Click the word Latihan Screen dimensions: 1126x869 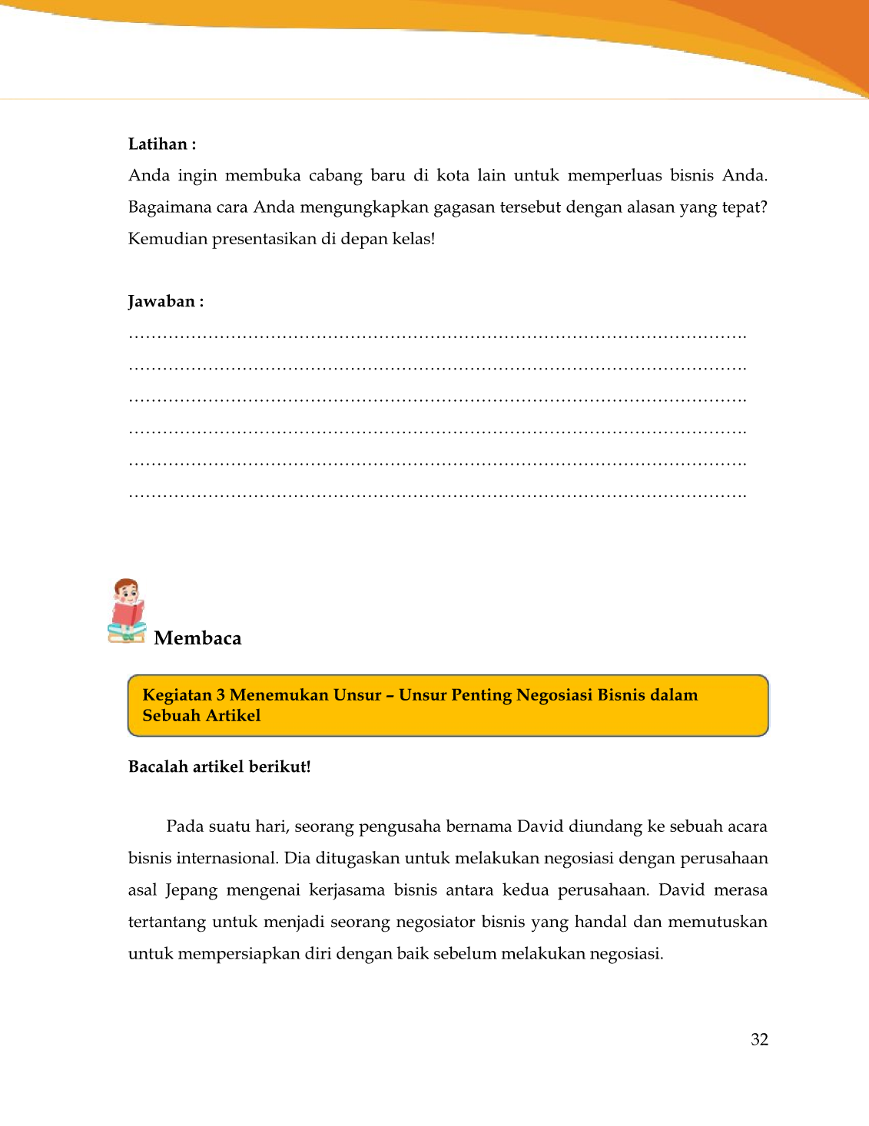(158, 144)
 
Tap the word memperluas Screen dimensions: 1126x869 (615, 176)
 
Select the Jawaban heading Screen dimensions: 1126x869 (161, 301)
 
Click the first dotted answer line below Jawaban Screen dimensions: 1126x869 (437, 336)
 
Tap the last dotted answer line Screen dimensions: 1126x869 (437, 495)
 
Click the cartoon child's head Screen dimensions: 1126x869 (127, 591)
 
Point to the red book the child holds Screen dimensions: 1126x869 (127, 614)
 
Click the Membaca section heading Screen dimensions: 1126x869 (197, 638)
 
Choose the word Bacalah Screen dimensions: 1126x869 (158, 767)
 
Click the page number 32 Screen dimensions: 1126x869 (759, 1040)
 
